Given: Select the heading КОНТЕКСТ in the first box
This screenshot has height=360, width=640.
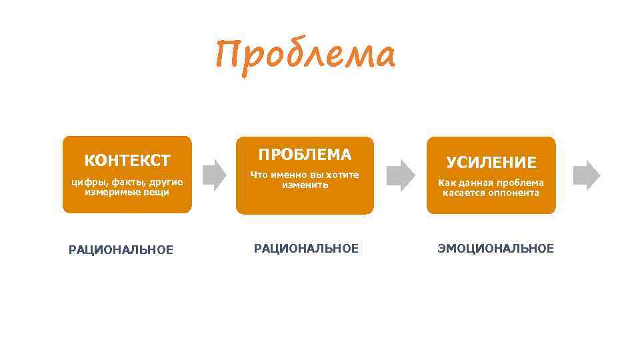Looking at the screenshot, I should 127,161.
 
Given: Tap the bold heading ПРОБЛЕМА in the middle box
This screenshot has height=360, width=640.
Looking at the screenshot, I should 305,155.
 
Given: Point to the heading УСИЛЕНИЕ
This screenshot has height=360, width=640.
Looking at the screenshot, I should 491,162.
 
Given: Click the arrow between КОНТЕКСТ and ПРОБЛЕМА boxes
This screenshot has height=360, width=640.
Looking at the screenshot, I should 214,175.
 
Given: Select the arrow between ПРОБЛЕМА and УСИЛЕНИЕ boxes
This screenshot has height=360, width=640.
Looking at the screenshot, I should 401,175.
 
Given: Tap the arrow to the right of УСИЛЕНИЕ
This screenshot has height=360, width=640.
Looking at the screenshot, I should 587,175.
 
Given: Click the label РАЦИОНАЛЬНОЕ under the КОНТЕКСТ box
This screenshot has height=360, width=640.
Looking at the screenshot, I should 121,250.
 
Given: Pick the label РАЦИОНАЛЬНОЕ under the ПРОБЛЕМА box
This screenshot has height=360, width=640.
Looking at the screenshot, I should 305,249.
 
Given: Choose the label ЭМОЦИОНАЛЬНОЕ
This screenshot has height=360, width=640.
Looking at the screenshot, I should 495,249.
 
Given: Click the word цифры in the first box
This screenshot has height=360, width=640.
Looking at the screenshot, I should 85,182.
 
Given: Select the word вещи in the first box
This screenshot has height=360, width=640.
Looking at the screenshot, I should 157,192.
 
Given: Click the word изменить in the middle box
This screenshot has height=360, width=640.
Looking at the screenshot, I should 305,185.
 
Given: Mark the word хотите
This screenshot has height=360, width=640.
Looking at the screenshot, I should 342,175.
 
